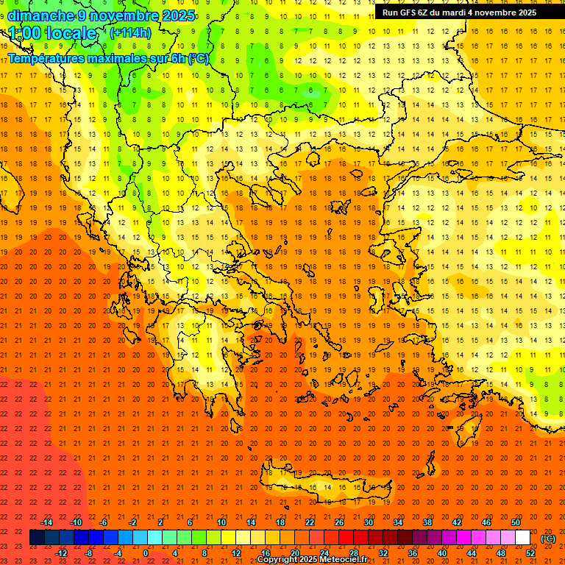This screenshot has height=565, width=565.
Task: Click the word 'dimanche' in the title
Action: [40, 15]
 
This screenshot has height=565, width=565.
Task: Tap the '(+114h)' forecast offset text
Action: [130, 32]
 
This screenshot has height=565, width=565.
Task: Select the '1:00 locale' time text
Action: [53, 33]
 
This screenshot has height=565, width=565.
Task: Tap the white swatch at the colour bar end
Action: [522, 538]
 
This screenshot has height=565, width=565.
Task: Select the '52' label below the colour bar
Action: [530, 553]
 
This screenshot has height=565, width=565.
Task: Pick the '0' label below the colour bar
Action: [146, 553]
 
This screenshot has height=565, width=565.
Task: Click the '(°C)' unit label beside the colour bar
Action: [548, 539]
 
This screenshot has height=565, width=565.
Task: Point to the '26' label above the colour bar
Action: [339, 522]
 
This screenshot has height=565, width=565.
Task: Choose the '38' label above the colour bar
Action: [427, 522]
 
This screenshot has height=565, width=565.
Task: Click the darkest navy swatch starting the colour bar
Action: [37, 538]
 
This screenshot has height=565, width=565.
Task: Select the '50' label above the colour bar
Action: [516, 522]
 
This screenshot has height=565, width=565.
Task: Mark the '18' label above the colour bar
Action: [280, 522]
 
